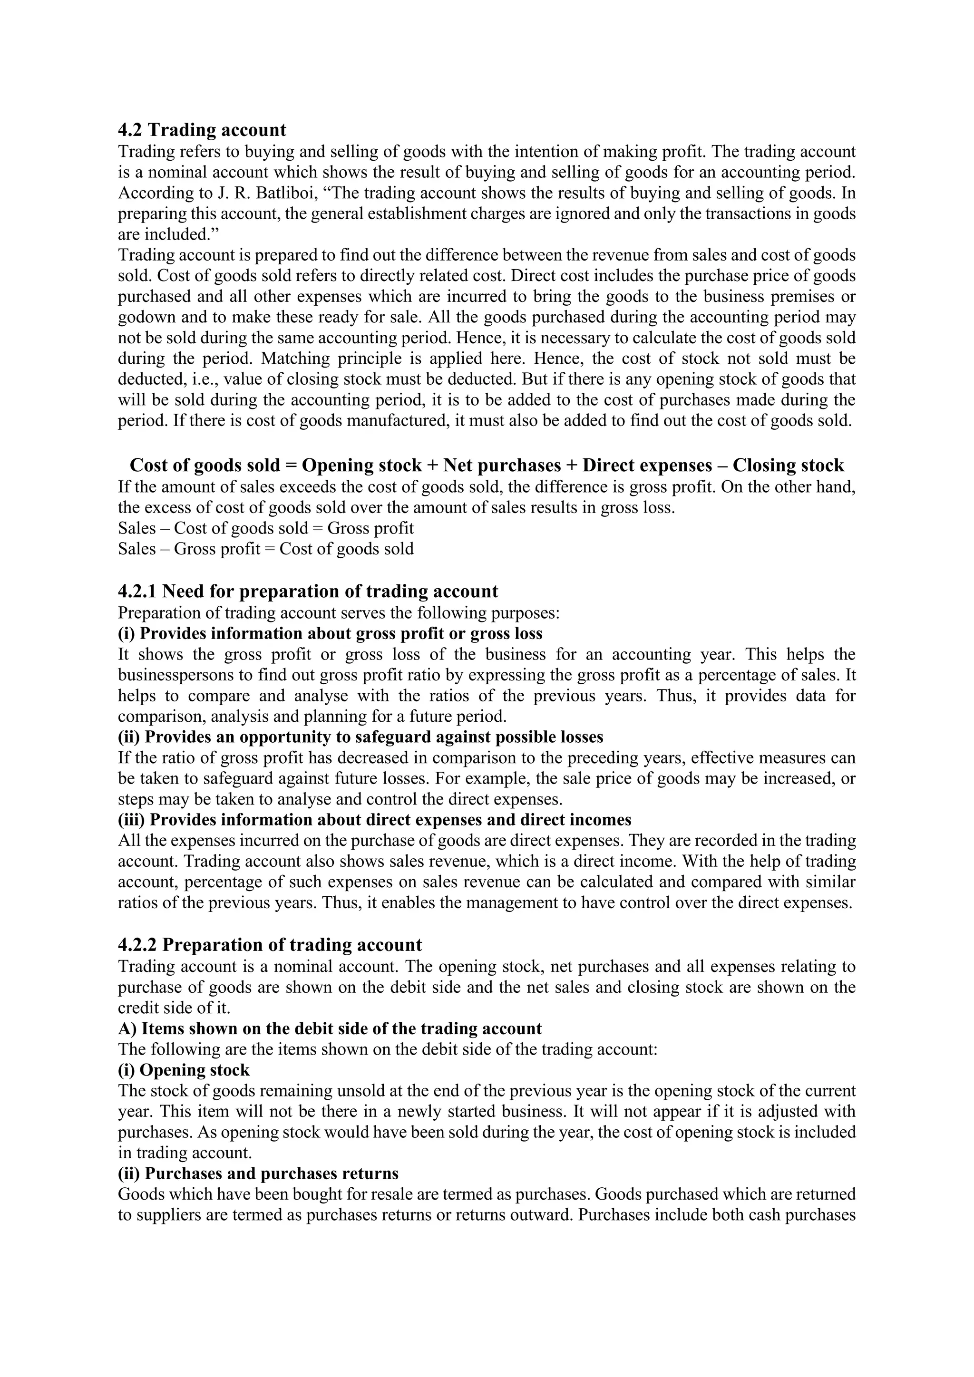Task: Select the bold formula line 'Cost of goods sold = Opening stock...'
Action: [487, 465]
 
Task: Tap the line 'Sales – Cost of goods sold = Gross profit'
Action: [266, 528]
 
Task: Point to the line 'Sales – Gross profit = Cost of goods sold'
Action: [266, 549]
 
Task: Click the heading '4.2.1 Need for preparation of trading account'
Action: [308, 592]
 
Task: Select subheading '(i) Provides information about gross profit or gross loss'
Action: [330, 633]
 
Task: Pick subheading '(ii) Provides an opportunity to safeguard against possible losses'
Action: [360, 737]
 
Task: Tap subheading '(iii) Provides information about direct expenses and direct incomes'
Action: [374, 820]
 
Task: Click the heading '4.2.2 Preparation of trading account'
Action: [270, 945]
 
